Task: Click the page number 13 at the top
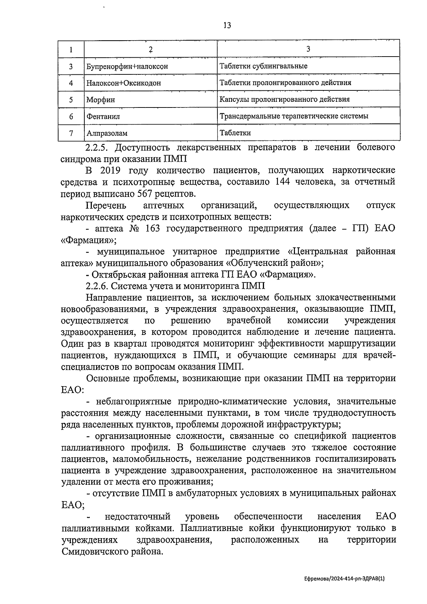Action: (x=227, y=25)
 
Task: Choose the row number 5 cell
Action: (x=71, y=100)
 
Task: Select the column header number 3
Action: (x=308, y=49)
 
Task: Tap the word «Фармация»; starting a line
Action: (x=89, y=240)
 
